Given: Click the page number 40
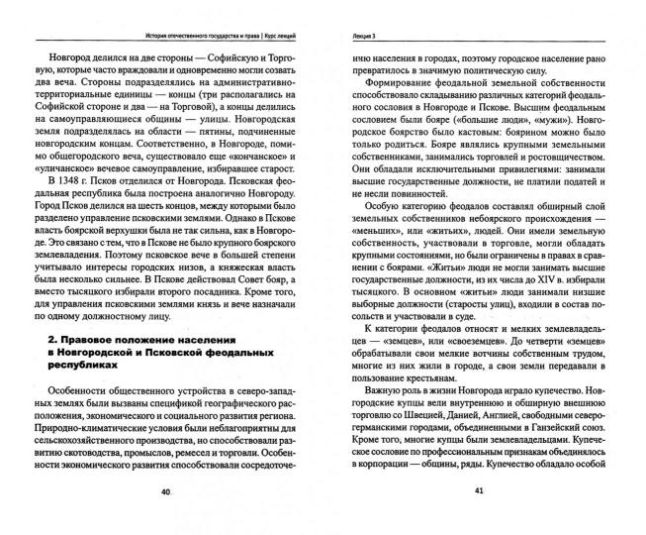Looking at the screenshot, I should (166, 517).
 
